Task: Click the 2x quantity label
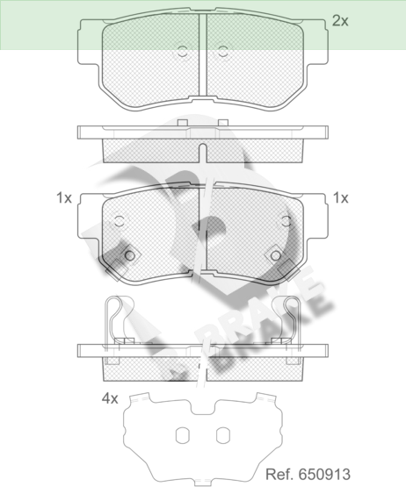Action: (340, 21)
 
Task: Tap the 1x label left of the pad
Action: (64, 198)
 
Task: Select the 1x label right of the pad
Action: (341, 198)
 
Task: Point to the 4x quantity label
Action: (110, 398)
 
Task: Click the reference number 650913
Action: (324, 475)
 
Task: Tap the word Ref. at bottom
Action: (280, 475)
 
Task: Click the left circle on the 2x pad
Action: (182, 52)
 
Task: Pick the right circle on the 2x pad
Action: (222, 52)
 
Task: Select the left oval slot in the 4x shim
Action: (182, 435)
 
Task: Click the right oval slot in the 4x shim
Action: (223, 435)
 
